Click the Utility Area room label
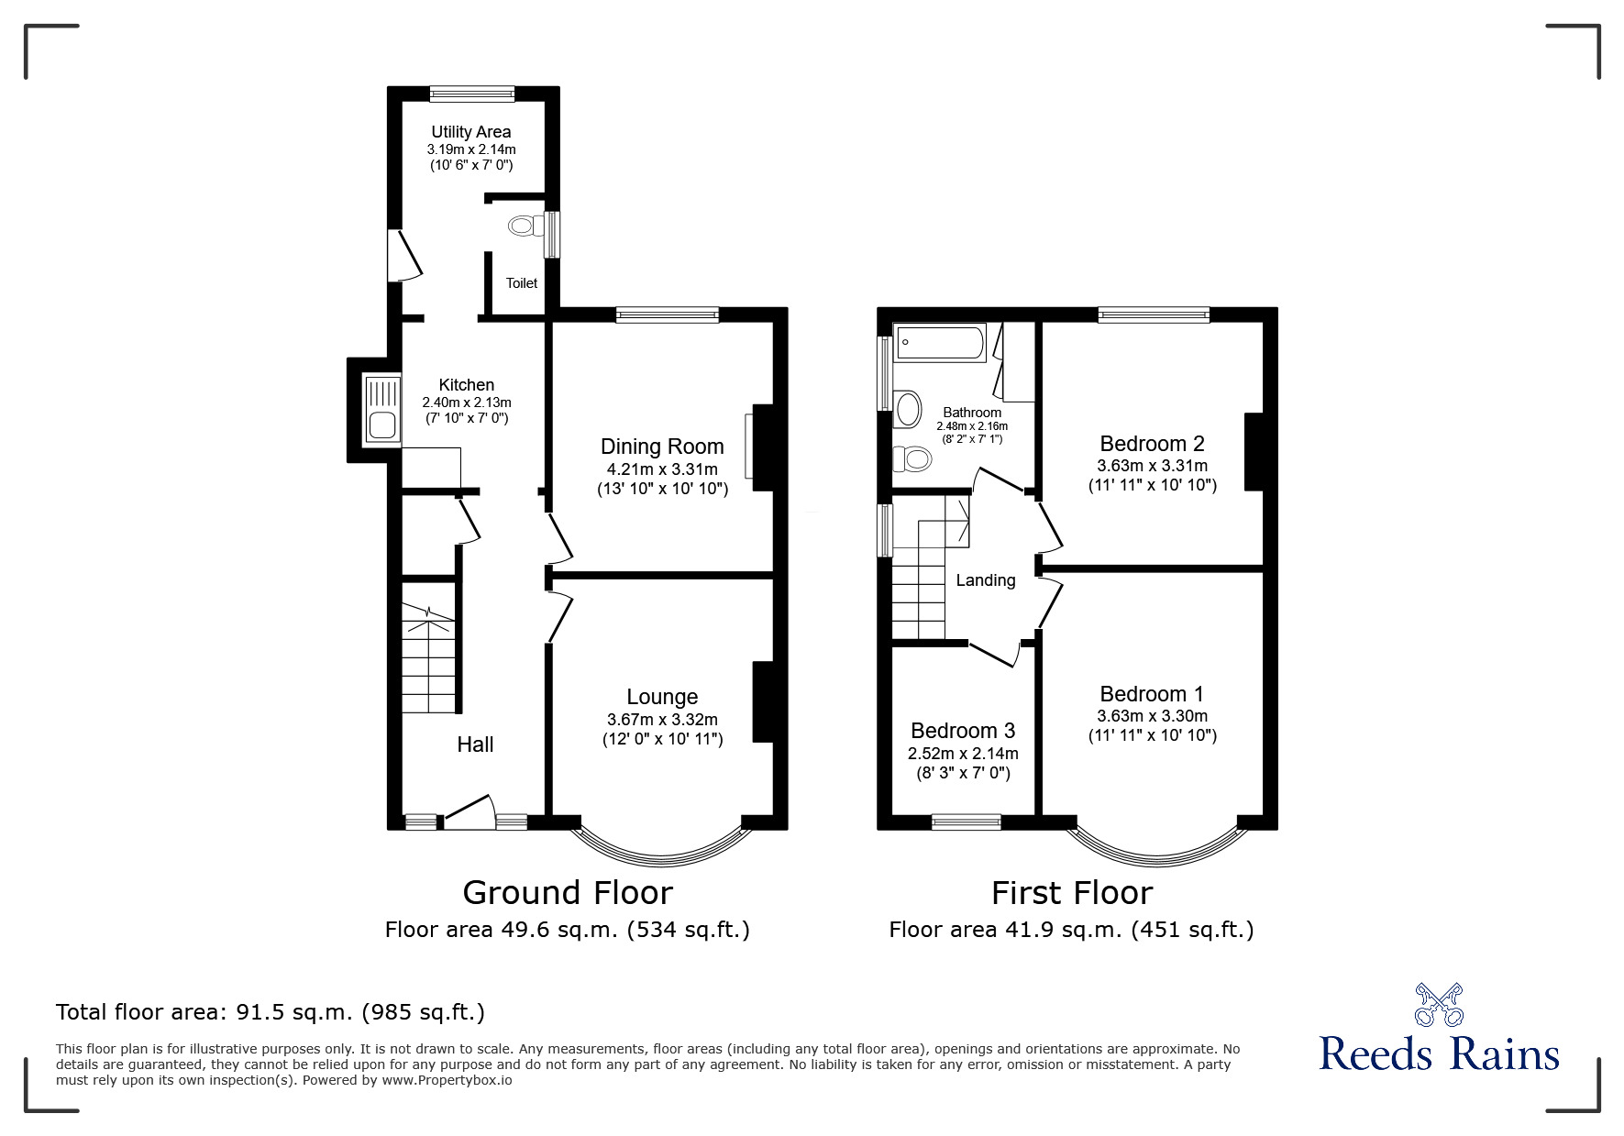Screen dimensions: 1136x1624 coord(470,132)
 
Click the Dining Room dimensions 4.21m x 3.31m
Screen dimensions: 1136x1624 coord(661,469)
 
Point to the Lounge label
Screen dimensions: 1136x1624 coord(662,697)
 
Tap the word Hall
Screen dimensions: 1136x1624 coord(475,744)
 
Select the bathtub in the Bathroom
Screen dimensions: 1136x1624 coord(938,343)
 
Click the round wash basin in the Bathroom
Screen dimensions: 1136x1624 coord(908,409)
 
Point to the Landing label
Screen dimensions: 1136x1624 coord(985,580)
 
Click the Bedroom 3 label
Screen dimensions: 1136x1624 coord(962,731)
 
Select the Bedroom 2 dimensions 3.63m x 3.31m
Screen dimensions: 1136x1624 coord(1152,466)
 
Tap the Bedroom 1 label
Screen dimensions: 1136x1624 coord(1151,694)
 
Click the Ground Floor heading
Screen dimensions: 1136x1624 coord(567,892)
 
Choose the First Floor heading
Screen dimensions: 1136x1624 coord(1071,892)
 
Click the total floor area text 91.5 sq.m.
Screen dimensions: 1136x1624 coord(270,1012)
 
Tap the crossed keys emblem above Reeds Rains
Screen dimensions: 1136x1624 coord(1438,1005)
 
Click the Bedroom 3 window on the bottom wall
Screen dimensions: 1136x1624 coord(966,822)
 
